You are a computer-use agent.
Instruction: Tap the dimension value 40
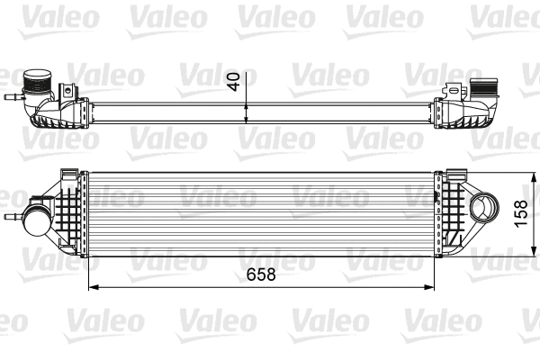[x=235, y=81]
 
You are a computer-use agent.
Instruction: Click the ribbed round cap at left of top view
[x=39, y=80]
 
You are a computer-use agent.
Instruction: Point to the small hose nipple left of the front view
[x=11, y=219]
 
